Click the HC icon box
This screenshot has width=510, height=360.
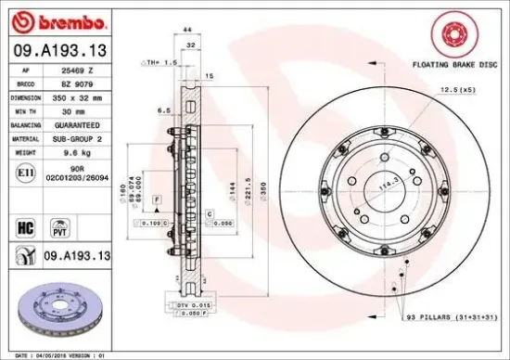pyautogui.click(x=27, y=225)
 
